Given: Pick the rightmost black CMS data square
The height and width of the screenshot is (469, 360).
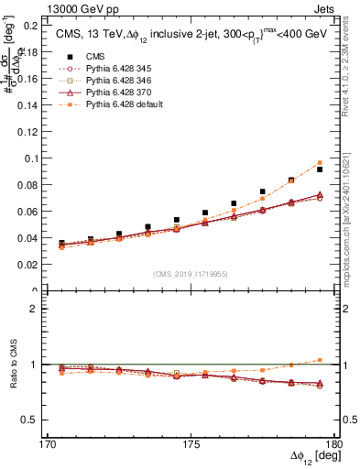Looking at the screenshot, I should (x=320, y=169).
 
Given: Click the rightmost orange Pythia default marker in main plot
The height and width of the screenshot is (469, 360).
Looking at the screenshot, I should (x=320, y=163).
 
